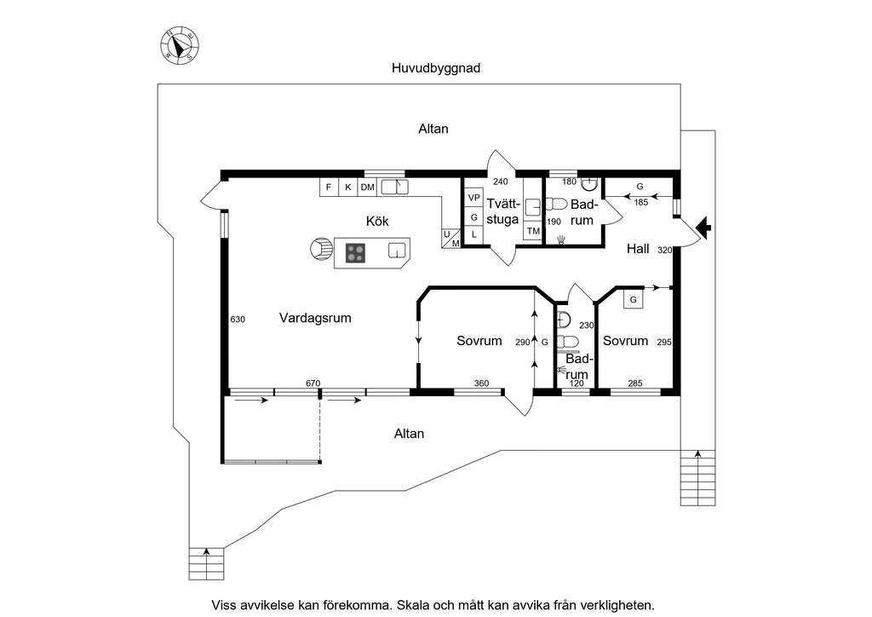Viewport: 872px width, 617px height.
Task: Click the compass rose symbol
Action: coord(181,46)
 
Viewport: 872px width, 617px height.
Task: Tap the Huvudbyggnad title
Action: coord(436,68)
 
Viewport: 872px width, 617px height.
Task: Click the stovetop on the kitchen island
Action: coord(355,253)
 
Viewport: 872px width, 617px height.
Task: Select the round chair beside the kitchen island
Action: coord(321,248)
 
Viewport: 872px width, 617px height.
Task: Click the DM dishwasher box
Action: coord(367,187)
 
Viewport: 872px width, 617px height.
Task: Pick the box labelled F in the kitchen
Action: coord(329,187)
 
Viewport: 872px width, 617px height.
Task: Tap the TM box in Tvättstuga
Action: coord(533,230)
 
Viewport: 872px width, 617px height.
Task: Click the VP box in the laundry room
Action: coord(473,198)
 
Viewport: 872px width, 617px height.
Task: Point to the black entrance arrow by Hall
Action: coord(704,227)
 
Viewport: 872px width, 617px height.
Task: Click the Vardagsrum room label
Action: coord(315,318)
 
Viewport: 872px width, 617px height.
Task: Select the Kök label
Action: coord(377,222)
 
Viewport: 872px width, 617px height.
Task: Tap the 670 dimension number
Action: coord(313,383)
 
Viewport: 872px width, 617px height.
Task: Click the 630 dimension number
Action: coord(238,320)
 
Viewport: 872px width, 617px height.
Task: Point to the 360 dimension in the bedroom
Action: coord(481,383)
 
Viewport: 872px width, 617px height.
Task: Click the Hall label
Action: coord(638,249)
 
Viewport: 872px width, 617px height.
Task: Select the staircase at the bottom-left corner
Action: coord(206,564)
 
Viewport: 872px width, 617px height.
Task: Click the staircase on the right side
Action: coord(698,477)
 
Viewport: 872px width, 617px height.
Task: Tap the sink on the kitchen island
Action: coord(396,251)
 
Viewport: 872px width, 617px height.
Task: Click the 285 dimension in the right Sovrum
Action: coord(635,383)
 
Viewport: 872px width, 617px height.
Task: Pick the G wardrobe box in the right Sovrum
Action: coord(633,300)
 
